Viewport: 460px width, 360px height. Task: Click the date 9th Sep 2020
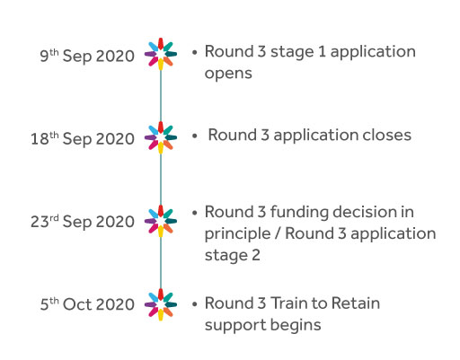click(x=87, y=56)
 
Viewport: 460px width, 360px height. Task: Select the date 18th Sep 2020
click(x=83, y=138)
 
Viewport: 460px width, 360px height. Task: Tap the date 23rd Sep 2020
click(x=83, y=222)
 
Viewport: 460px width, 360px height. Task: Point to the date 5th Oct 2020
click(x=87, y=304)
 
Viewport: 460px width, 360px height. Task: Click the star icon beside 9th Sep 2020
click(x=161, y=54)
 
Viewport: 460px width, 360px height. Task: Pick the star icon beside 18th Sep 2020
click(x=161, y=137)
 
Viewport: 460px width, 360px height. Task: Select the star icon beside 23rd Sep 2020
click(x=161, y=221)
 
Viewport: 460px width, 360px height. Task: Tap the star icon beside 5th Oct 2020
click(x=161, y=304)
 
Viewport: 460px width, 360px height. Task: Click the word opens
click(x=228, y=74)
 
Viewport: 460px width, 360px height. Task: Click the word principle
click(x=237, y=234)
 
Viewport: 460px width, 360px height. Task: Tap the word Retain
click(x=356, y=303)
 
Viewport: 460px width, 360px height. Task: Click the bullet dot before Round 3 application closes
click(x=195, y=136)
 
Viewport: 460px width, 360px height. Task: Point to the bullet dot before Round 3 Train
click(x=195, y=304)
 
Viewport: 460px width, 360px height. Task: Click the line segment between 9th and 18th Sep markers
click(x=161, y=96)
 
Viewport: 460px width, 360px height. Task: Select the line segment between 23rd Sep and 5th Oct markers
click(x=161, y=263)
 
